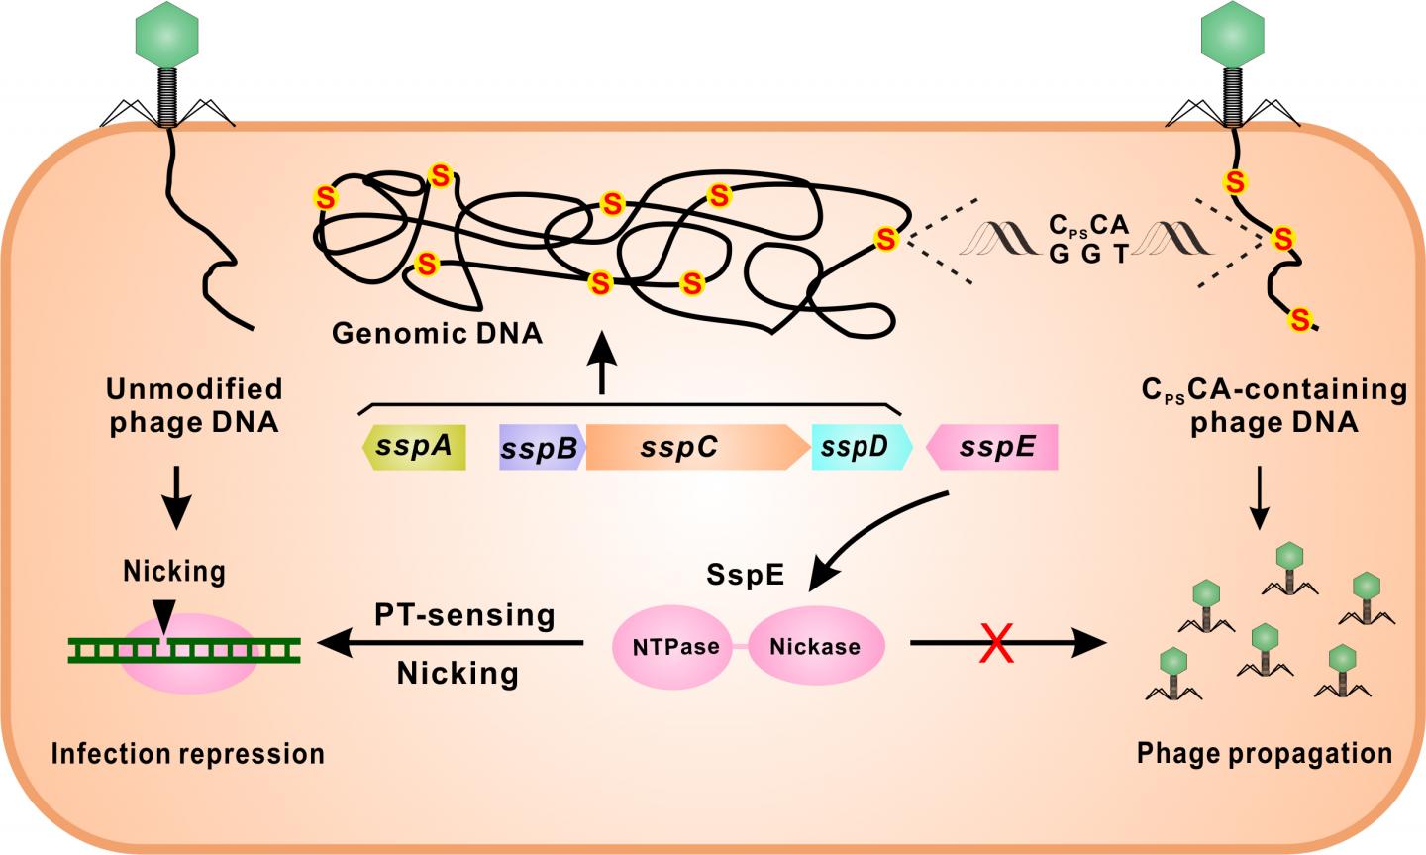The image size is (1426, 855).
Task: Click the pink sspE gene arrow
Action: tap(993, 447)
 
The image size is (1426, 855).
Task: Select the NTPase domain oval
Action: tap(676, 647)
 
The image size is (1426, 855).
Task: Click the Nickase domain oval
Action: tap(817, 647)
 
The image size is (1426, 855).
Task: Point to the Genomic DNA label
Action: tap(437, 333)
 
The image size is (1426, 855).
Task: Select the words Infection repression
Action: tap(188, 754)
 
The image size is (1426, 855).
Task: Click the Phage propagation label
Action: tap(1265, 753)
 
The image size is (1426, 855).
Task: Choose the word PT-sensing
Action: tap(464, 615)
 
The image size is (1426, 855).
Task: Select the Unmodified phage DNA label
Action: tap(195, 405)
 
